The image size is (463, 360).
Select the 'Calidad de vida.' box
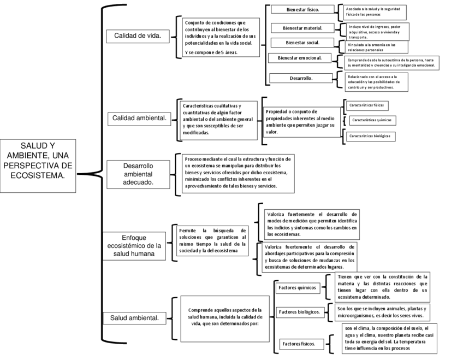(137, 36)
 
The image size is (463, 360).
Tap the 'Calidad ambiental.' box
(139, 118)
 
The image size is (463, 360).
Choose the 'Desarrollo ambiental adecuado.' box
(138, 174)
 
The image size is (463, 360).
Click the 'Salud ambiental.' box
(134, 317)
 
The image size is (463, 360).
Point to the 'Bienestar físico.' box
(303, 10)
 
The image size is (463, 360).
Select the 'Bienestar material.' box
(303, 28)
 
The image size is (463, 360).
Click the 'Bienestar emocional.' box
(300, 58)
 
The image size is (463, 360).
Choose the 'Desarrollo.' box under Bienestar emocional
(301, 78)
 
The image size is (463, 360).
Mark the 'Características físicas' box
(366, 104)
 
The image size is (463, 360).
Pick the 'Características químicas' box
(371, 120)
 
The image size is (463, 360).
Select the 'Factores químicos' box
(297, 287)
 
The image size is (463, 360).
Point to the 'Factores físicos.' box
(301, 344)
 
